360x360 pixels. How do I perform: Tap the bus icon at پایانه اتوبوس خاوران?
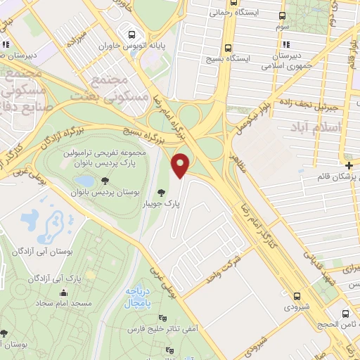[x=129, y=33]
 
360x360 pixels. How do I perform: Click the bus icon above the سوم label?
[x=282, y=16]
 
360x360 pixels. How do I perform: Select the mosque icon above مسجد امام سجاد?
[x=65, y=293]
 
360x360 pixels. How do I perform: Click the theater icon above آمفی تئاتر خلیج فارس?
[x=164, y=317]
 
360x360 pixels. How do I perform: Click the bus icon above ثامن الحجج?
[x=345, y=314]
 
